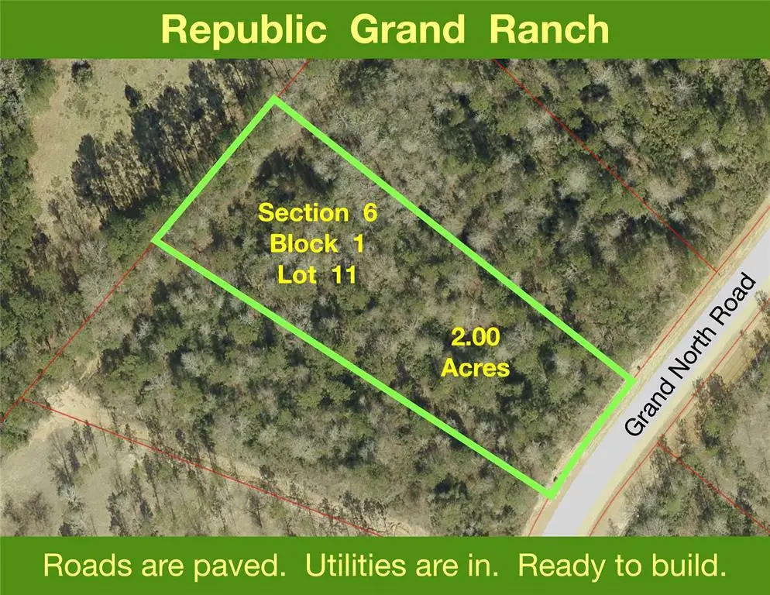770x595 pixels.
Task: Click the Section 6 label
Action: click(x=317, y=213)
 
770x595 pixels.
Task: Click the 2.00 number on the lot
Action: click(x=476, y=338)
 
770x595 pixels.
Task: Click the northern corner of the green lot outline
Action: click(x=274, y=101)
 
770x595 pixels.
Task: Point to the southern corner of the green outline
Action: click(x=549, y=494)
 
